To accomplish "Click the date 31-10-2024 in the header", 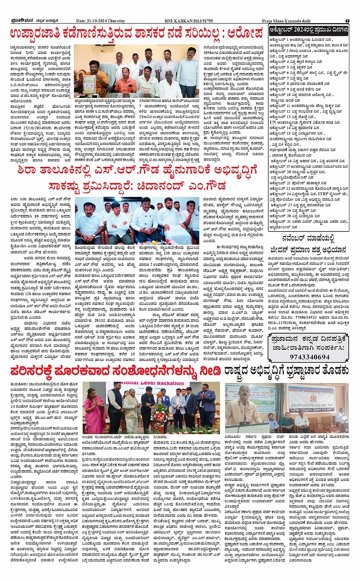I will [97, 21].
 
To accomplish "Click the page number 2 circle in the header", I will [347, 21].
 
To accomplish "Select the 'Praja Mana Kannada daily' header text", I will [286, 21].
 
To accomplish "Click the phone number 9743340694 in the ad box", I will [309, 357].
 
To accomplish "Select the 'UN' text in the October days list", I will [273, 122].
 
